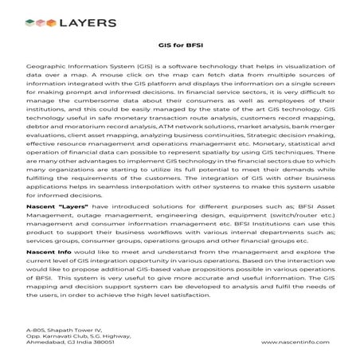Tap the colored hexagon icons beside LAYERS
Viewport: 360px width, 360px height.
pos(37,24)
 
